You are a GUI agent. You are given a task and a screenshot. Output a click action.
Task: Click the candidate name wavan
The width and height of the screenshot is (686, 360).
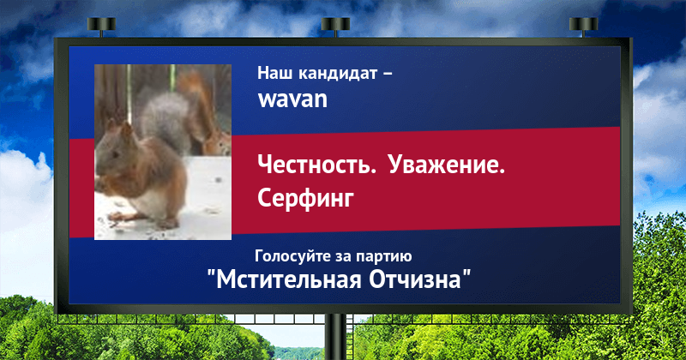click(292, 99)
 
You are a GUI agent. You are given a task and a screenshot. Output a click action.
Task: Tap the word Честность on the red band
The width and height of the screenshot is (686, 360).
click(316, 165)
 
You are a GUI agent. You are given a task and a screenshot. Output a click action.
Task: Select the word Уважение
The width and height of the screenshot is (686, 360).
click(446, 165)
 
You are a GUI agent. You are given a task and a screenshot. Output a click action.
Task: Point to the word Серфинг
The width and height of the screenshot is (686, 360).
click(305, 199)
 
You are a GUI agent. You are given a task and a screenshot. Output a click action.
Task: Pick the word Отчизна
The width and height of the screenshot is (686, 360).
click(415, 280)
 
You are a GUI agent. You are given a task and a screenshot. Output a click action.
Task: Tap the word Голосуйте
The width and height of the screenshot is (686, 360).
click(293, 256)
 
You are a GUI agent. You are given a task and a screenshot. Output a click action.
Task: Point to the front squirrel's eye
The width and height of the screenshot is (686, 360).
click(115, 155)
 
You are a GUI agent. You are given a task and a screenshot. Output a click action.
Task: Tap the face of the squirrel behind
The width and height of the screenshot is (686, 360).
click(218, 142)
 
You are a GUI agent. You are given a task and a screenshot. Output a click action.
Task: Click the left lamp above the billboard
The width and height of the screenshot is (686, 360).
click(101, 27)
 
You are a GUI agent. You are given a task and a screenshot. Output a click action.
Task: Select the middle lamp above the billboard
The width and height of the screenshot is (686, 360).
click(335, 27)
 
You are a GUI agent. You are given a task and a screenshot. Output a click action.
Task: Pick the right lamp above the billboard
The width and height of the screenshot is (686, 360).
click(583, 27)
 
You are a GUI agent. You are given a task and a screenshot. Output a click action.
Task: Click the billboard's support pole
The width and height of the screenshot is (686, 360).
click(335, 337)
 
